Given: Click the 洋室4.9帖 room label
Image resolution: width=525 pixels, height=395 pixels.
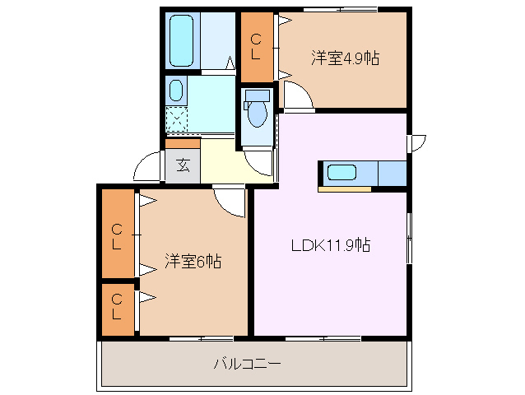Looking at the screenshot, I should tap(345, 58).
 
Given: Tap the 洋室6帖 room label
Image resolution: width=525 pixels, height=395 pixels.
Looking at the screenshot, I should tap(193, 262).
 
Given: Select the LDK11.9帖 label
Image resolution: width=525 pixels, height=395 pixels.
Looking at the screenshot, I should tap(330, 244).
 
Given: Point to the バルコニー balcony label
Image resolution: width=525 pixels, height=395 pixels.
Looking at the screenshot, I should tap(247, 362).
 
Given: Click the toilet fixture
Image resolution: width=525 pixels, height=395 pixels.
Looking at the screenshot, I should tap(257, 110).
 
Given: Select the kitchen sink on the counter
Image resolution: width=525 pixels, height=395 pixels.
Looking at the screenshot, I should tap(341, 173).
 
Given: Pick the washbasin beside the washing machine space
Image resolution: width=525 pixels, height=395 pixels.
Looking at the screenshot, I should tap(176, 90).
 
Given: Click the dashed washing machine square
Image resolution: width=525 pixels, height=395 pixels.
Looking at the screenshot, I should tap(177, 118).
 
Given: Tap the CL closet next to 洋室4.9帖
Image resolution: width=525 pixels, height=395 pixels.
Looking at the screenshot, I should tap(256, 47).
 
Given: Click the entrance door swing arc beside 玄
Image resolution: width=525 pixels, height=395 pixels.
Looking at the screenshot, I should tap(148, 168).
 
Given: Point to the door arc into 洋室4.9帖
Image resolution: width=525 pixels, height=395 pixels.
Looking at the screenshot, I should tap(299, 98).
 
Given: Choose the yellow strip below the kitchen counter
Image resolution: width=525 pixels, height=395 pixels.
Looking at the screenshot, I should tap(346, 189).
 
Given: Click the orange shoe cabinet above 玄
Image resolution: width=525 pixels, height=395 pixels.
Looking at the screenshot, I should tap(183, 142).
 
